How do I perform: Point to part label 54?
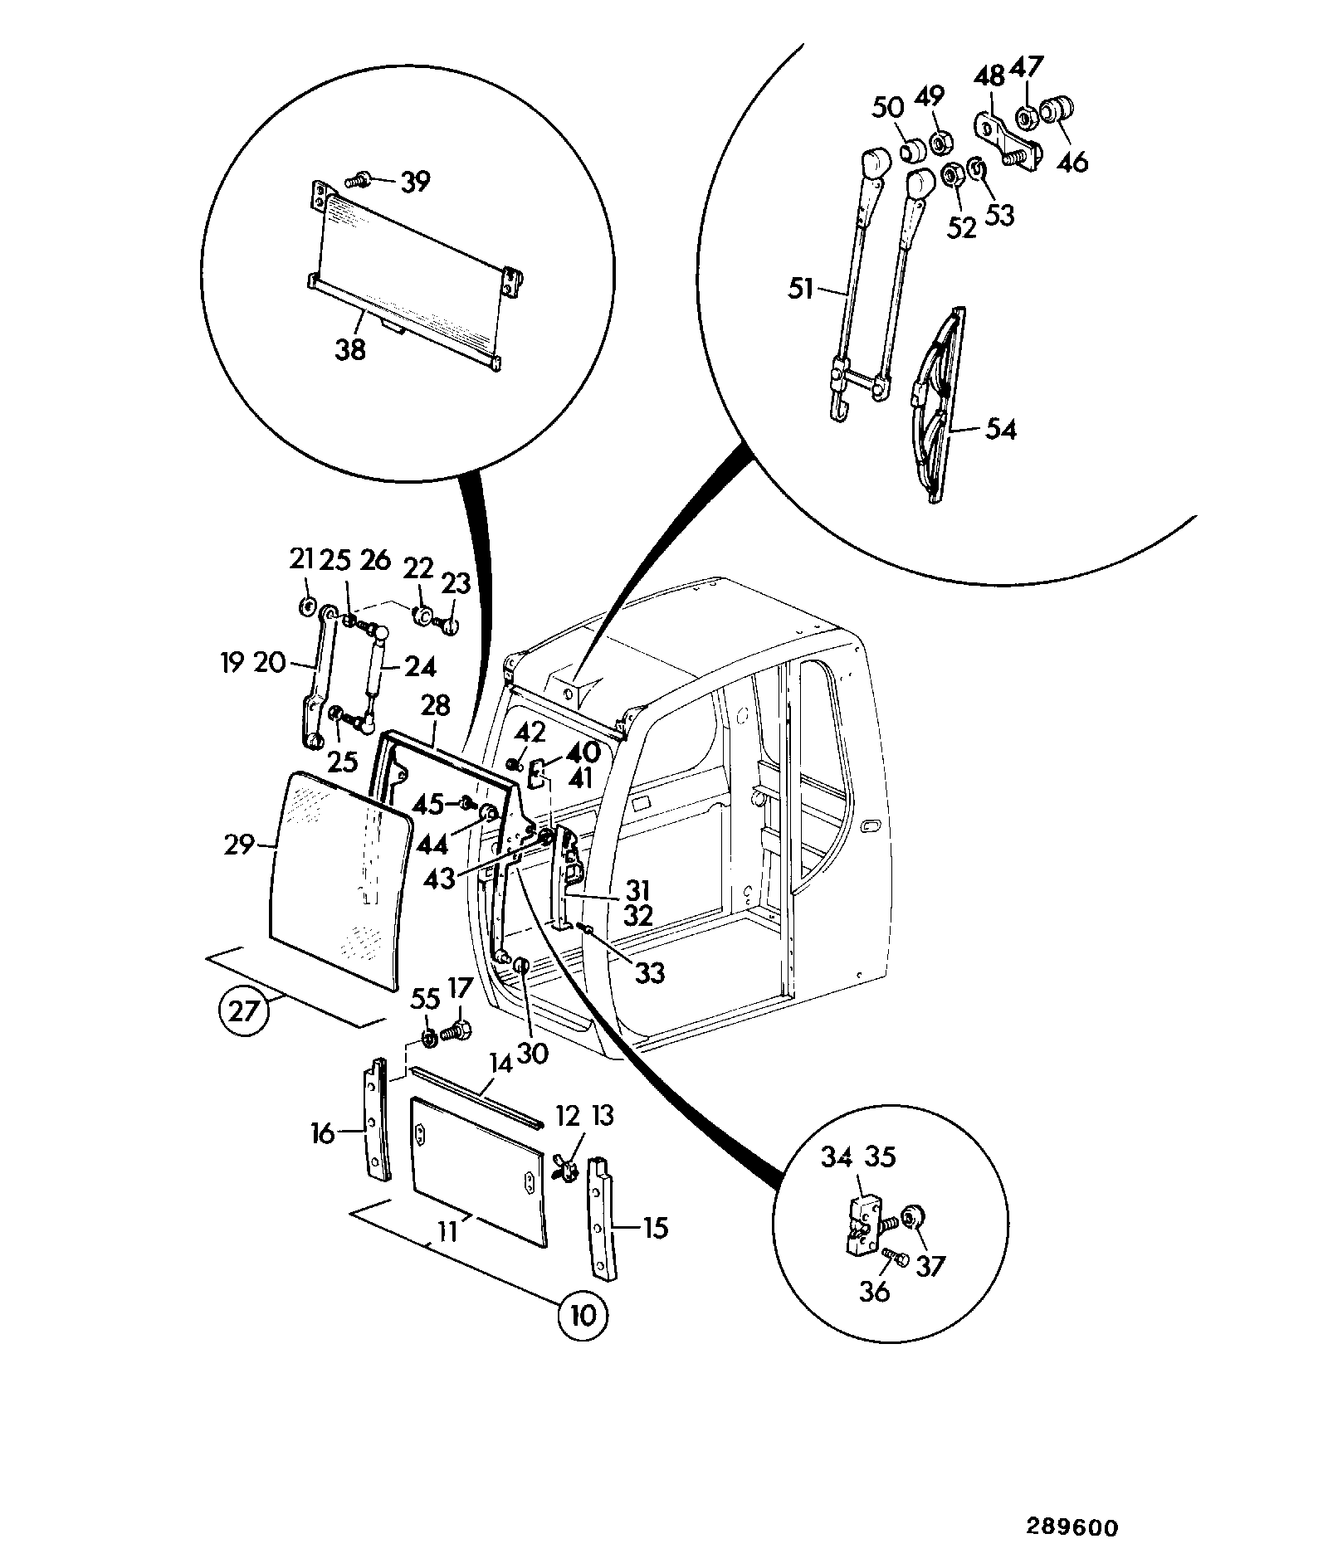click(1000, 430)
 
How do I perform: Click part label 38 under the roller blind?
click(350, 350)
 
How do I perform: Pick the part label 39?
click(415, 182)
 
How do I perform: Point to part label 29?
click(238, 846)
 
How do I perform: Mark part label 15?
click(656, 1228)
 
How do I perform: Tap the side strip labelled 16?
click(376, 1120)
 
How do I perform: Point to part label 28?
click(435, 706)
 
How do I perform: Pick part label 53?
click(999, 216)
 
